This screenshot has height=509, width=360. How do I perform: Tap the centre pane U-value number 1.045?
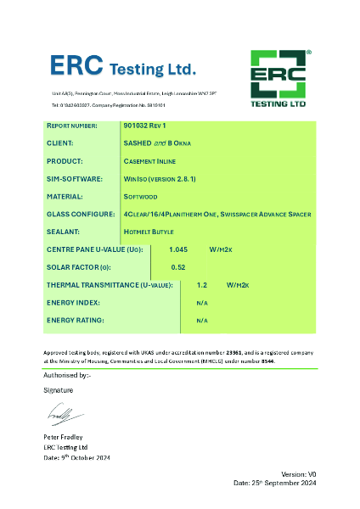point(178,250)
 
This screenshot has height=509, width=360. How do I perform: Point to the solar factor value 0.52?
point(178,267)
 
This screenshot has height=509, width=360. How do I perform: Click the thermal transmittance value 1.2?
point(202,285)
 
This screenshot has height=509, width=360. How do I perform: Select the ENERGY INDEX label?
point(73,303)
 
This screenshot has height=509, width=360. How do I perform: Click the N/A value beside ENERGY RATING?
point(202,321)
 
